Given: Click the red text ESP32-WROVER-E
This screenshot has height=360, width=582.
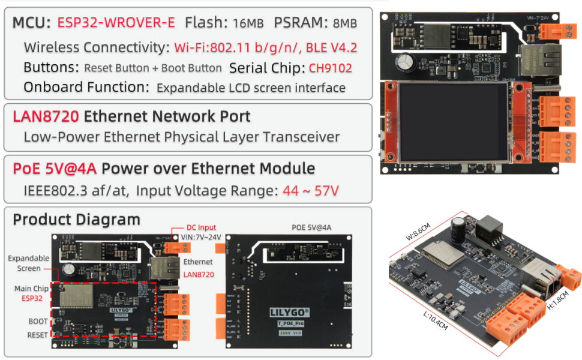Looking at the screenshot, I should point(116,23).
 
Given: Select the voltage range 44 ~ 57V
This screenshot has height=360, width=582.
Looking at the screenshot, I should point(309,191).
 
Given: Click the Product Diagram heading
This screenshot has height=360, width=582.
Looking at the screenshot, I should point(76,220).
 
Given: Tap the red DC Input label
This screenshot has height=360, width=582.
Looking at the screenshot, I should point(200,227).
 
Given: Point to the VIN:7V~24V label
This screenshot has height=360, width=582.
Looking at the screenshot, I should point(202,237).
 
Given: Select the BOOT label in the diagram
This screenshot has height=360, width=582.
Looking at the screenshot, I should point(38,322).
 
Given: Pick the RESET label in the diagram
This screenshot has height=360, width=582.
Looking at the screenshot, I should point(37,335).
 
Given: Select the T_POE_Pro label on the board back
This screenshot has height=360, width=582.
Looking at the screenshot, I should point(289,322).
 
